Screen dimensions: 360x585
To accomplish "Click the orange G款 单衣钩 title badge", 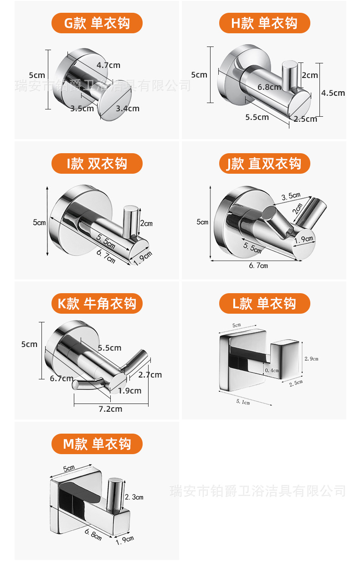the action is (97, 23).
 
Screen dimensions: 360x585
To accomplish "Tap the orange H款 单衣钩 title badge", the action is (264, 23).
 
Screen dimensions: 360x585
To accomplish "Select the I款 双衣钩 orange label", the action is (97, 164).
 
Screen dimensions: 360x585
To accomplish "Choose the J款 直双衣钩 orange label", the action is (264, 164).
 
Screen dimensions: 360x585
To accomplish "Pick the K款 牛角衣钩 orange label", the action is (97, 304).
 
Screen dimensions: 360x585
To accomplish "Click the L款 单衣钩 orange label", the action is (264, 304).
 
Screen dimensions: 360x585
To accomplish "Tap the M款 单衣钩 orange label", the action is (97, 444).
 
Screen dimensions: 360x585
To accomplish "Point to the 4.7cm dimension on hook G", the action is (108, 65).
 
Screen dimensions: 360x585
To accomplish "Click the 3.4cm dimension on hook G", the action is (128, 109).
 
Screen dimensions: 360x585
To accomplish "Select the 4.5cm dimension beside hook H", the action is (333, 93).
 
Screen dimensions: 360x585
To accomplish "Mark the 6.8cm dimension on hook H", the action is (269, 87).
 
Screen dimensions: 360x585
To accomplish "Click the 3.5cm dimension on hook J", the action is (291, 197).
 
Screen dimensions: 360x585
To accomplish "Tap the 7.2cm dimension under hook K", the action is (110, 409).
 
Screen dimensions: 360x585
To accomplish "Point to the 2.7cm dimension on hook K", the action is (150, 375).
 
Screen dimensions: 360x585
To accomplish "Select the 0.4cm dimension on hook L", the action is (273, 370).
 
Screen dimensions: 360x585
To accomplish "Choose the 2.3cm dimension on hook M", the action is (134, 497).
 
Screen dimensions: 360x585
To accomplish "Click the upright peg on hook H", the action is (289, 74).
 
